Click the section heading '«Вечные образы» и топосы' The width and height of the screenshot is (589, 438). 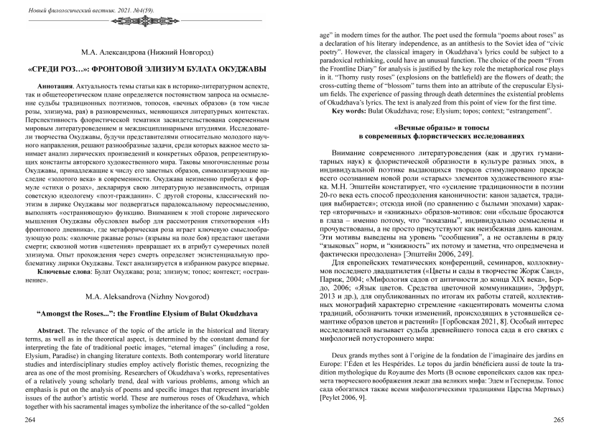point(441,128)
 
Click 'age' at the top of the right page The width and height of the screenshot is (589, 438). point(325,33)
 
